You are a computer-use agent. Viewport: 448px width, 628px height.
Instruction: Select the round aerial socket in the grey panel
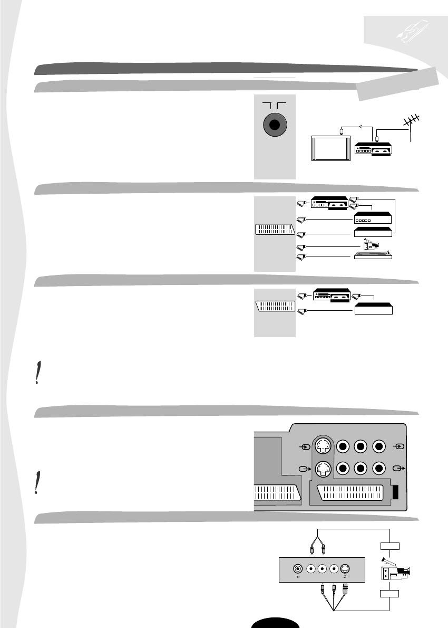pos(274,126)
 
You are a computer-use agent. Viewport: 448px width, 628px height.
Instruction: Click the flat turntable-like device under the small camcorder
pos(372,255)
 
